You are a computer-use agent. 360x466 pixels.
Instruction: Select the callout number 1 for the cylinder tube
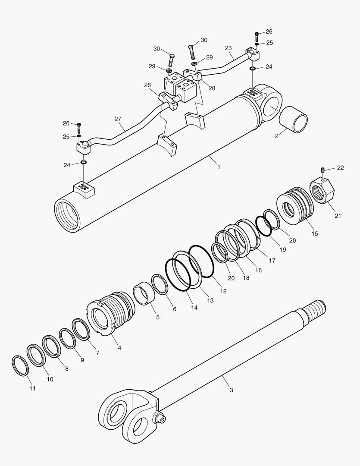219,167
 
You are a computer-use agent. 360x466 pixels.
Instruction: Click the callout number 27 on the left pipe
118,119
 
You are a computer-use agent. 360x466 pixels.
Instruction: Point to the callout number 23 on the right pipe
229,48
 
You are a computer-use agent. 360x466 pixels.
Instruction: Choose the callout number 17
272,261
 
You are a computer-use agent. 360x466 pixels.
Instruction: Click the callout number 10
50,379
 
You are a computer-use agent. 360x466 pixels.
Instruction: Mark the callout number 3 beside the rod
231,390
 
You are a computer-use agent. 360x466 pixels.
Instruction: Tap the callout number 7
97,353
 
